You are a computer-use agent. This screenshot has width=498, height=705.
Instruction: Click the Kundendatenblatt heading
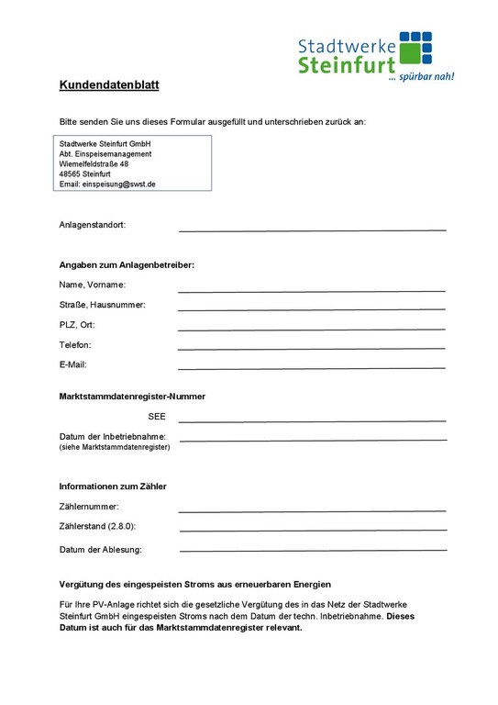tap(109, 85)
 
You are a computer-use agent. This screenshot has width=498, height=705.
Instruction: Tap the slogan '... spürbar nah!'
tap(421, 77)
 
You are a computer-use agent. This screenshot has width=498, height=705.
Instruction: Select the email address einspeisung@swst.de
tap(107, 184)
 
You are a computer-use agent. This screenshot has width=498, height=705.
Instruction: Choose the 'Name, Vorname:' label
tap(93, 285)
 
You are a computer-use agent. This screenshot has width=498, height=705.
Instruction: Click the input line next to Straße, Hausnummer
tap(312, 308)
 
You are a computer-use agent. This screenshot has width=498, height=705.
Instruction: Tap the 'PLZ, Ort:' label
tap(77, 325)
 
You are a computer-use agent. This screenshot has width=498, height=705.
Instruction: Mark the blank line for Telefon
tap(312, 348)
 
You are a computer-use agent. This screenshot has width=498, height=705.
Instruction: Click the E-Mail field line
tap(312, 367)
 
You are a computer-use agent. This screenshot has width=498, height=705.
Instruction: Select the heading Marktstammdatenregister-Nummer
tap(132, 397)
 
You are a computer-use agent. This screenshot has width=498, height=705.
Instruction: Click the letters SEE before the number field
tap(156, 417)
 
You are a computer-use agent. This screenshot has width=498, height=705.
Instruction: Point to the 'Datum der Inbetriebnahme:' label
tap(112, 436)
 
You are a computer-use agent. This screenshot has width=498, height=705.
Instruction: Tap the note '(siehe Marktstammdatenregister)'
tap(115, 447)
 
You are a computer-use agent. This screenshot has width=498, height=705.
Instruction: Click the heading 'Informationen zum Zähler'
tap(113, 486)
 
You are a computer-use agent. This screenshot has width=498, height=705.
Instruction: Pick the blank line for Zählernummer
tap(312, 509)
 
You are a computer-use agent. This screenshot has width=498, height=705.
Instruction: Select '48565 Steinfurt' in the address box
tap(84, 173)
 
